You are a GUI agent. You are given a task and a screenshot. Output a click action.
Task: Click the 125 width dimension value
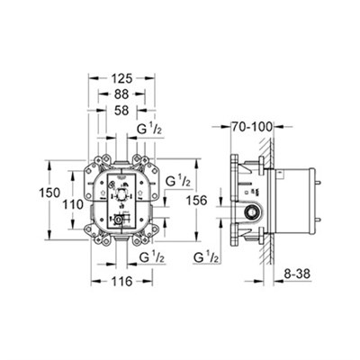point(121,78)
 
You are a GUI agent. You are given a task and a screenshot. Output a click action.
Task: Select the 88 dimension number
point(121,94)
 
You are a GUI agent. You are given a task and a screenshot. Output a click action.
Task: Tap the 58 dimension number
point(121,111)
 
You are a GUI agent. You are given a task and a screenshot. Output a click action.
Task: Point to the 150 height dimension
point(49,193)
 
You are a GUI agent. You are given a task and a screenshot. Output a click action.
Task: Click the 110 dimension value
point(72,205)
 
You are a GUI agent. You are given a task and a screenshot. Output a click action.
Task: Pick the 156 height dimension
point(196,200)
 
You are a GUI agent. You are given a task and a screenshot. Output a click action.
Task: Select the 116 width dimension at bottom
point(121,282)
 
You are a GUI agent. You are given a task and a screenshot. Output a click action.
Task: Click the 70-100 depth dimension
point(252,127)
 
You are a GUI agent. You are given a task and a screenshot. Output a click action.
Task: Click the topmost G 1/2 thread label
point(150,130)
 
